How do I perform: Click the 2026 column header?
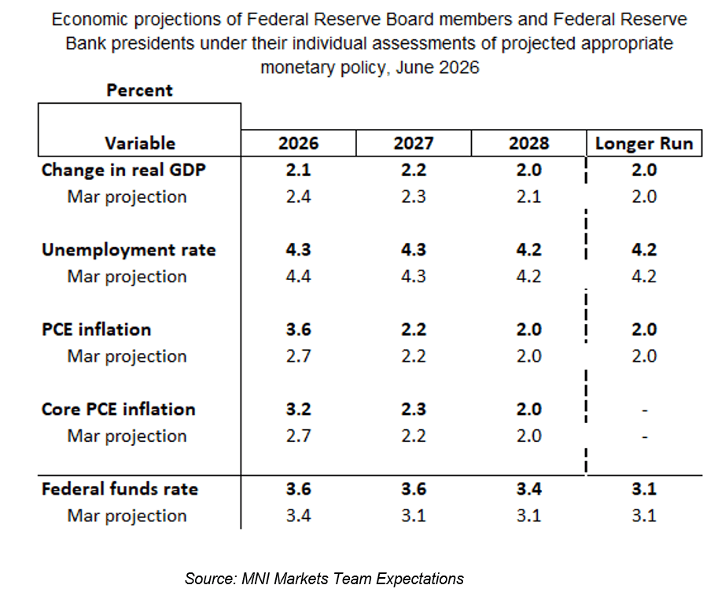pos(298,143)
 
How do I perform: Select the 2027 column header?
pos(414,143)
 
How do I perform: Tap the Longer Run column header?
pos(644,143)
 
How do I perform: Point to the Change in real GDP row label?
pos(123,171)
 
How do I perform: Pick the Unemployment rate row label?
pos(128,250)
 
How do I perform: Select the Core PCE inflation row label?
pos(119,410)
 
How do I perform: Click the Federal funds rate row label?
pos(120,489)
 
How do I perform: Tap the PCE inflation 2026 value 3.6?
pos(298,329)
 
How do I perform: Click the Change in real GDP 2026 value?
pos(298,171)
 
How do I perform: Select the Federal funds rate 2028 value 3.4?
pos(528,489)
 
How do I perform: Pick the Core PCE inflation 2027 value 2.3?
pos(414,410)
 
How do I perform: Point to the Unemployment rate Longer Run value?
pos(644,250)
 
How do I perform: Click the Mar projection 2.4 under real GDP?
pos(298,197)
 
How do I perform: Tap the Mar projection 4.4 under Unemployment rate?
pos(298,276)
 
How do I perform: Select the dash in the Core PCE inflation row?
pos(644,410)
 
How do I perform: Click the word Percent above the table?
pos(139,90)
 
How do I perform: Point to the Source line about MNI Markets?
pos(324,579)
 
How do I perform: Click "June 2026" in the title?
pos(437,68)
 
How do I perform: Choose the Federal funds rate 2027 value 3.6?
pos(414,489)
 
